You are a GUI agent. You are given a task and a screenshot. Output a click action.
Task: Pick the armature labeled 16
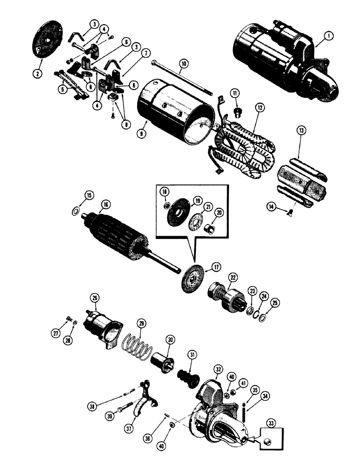117,240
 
